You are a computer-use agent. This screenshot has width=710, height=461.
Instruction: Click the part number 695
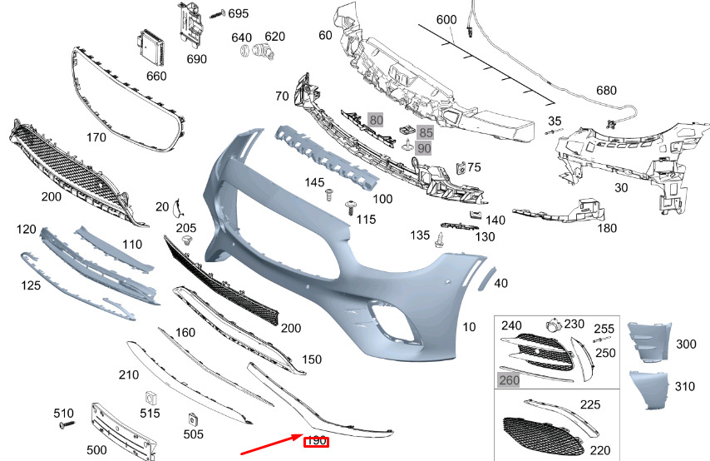tap(238, 13)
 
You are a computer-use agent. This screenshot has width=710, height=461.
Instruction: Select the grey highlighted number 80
tap(376, 120)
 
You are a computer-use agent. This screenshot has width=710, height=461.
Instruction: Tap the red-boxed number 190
tap(316, 441)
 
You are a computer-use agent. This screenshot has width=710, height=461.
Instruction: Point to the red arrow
tap(270, 444)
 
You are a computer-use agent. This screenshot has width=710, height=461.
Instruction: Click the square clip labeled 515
tap(151, 396)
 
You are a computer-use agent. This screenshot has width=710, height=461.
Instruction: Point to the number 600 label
tap(446, 19)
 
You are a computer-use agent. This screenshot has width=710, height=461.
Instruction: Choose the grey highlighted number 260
tap(508, 380)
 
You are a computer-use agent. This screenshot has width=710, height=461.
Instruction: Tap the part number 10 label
tap(469, 327)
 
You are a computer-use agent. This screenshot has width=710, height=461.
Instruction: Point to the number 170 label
tap(96, 136)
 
